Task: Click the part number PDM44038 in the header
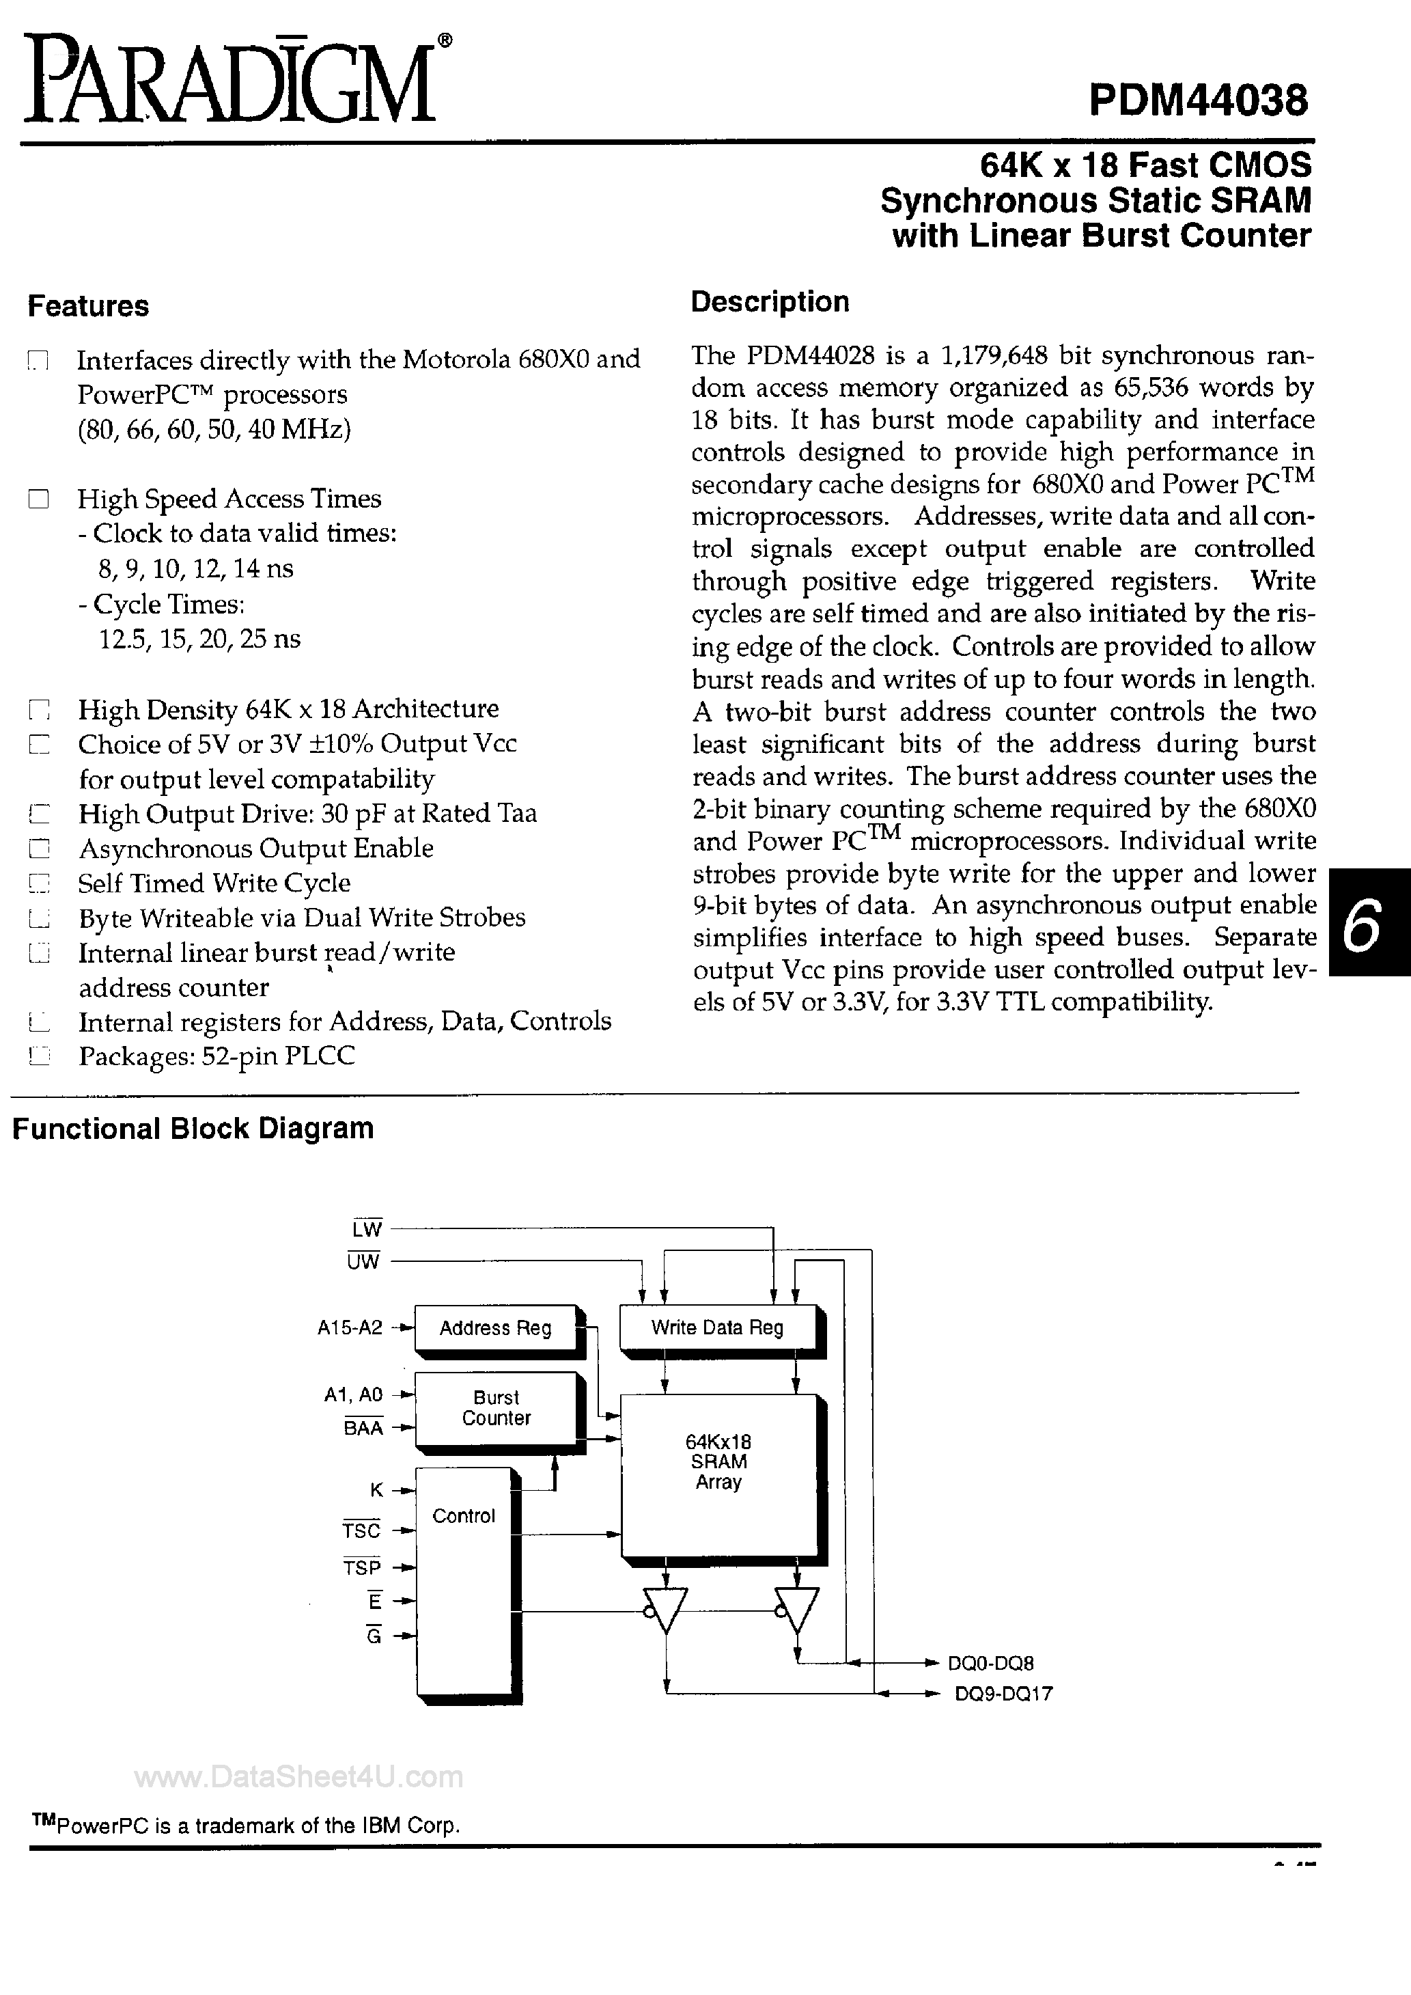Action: tap(1197, 102)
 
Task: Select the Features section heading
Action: tap(89, 306)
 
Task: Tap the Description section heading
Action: tap(769, 301)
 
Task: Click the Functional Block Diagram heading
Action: tap(193, 1128)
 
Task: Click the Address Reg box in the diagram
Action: tap(495, 1327)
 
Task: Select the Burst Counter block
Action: tap(495, 1407)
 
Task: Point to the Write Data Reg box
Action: tap(717, 1327)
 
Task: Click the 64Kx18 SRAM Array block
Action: tap(718, 1461)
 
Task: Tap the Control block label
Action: tap(463, 1516)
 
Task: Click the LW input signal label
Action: tap(367, 1228)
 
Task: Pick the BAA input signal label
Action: tap(363, 1428)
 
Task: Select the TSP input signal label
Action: tap(361, 1567)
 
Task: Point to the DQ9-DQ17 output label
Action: tap(1003, 1694)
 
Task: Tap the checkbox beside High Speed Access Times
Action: tap(38, 499)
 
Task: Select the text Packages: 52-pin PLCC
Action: tap(216, 1056)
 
